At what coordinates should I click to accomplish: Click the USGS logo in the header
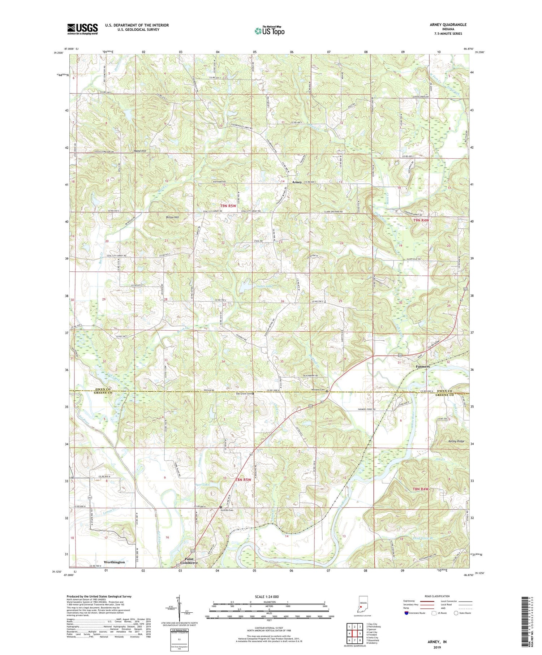pyautogui.click(x=82, y=29)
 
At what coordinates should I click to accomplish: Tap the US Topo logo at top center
pyautogui.click(x=269, y=31)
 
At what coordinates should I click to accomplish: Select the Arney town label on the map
pyautogui.click(x=297, y=182)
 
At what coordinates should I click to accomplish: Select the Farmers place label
pyautogui.click(x=422, y=366)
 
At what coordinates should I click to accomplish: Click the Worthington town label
pyautogui.click(x=114, y=562)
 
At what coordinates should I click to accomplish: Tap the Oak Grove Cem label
pyautogui.click(x=242, y=393)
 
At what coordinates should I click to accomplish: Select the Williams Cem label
pyautogui.click(x=318, y=390)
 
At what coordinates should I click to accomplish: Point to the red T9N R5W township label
pyautogui.click(x=228, y=206)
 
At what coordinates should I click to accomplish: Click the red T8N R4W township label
pyautogui.click(x=420, y=489)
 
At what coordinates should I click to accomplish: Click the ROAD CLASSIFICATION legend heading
pyautogui.click(x=437, y=596)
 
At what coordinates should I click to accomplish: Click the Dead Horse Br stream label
pyautogui.click(x=425, y=538)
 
